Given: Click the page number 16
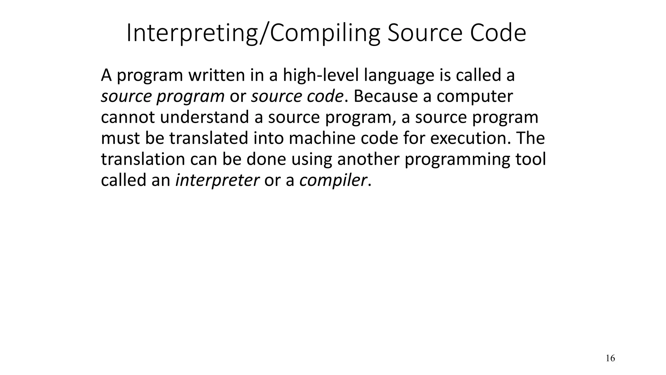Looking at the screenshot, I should coord(610,358).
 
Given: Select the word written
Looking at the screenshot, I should coord(217,75).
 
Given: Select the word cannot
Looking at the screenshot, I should coord(128,117).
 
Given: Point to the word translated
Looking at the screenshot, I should coord(208,138).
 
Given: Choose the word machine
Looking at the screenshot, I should coord(322,138).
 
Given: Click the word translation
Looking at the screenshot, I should coord(143,159).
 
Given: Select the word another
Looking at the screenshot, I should coord(368,159).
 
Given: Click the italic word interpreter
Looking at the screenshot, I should coord(217,180).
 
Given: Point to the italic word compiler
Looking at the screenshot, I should coord(333,180).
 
